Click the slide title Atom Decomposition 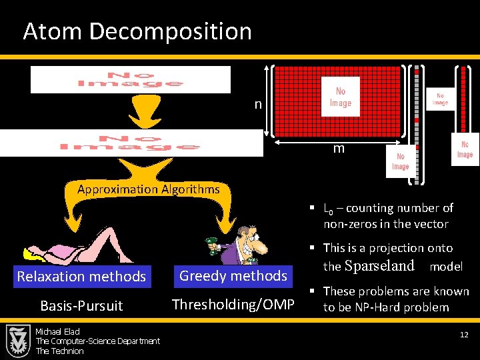pos(137,31)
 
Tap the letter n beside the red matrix pos(257,105)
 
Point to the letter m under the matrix pos(339,149)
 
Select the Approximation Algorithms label pos(148,189)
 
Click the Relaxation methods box pos(81,276)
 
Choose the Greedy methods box pos(233,275)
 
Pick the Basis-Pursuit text pos(81,305)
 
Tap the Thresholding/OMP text pos(233,305)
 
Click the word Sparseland pos(379,266)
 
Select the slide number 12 pos(464,334)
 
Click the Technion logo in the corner pos(17,341)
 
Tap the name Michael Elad pos(57,332)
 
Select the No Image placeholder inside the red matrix pos(340,97)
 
